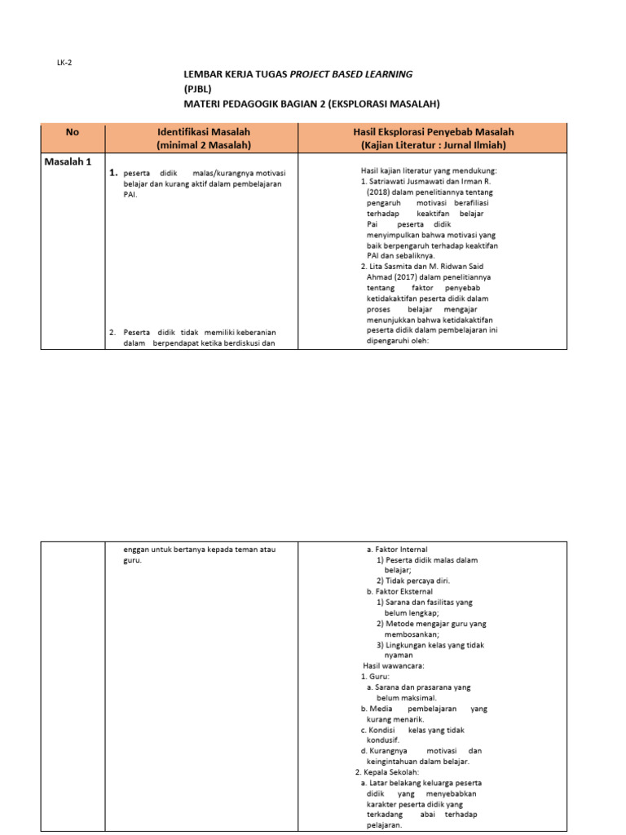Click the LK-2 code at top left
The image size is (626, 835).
pos(64,63)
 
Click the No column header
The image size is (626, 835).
pos(73,131)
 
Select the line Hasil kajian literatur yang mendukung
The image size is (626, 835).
pos(429,170)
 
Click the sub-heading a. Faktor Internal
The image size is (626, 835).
pos(397,550)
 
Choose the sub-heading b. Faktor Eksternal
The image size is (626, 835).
pos(399,592)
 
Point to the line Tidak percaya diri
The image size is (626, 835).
pos(413,581)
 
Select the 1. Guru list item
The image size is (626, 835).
pos(376,677)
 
